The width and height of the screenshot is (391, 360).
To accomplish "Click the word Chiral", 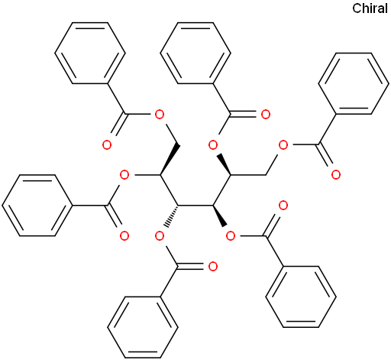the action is click(370, 8).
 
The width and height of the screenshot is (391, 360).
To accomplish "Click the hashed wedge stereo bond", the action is click(173, 216).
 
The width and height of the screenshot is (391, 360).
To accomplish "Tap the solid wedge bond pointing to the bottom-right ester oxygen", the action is click(219, 216).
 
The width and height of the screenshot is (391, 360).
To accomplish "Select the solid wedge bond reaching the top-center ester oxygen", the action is click(224, 164).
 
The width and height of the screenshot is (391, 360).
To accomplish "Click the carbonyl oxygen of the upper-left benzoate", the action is click(107, 145).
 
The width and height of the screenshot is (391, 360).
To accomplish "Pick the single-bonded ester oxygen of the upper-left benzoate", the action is click(160, 115).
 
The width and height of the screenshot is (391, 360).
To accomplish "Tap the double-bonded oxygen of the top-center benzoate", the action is click(266, 115).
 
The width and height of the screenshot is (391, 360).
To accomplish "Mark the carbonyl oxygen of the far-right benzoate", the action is click(336, 175).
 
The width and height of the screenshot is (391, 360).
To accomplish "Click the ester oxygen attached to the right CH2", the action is click(283, 145).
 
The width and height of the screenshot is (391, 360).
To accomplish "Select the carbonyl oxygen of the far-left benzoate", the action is click(124, 236).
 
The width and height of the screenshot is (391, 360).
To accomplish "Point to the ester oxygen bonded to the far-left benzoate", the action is click(124, 175).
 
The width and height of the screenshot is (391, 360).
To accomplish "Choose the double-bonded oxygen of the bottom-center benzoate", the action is click(213, 267).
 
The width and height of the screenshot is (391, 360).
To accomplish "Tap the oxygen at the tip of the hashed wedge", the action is click(160, 236).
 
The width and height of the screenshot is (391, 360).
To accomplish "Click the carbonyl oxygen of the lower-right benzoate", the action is click(283, 206).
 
